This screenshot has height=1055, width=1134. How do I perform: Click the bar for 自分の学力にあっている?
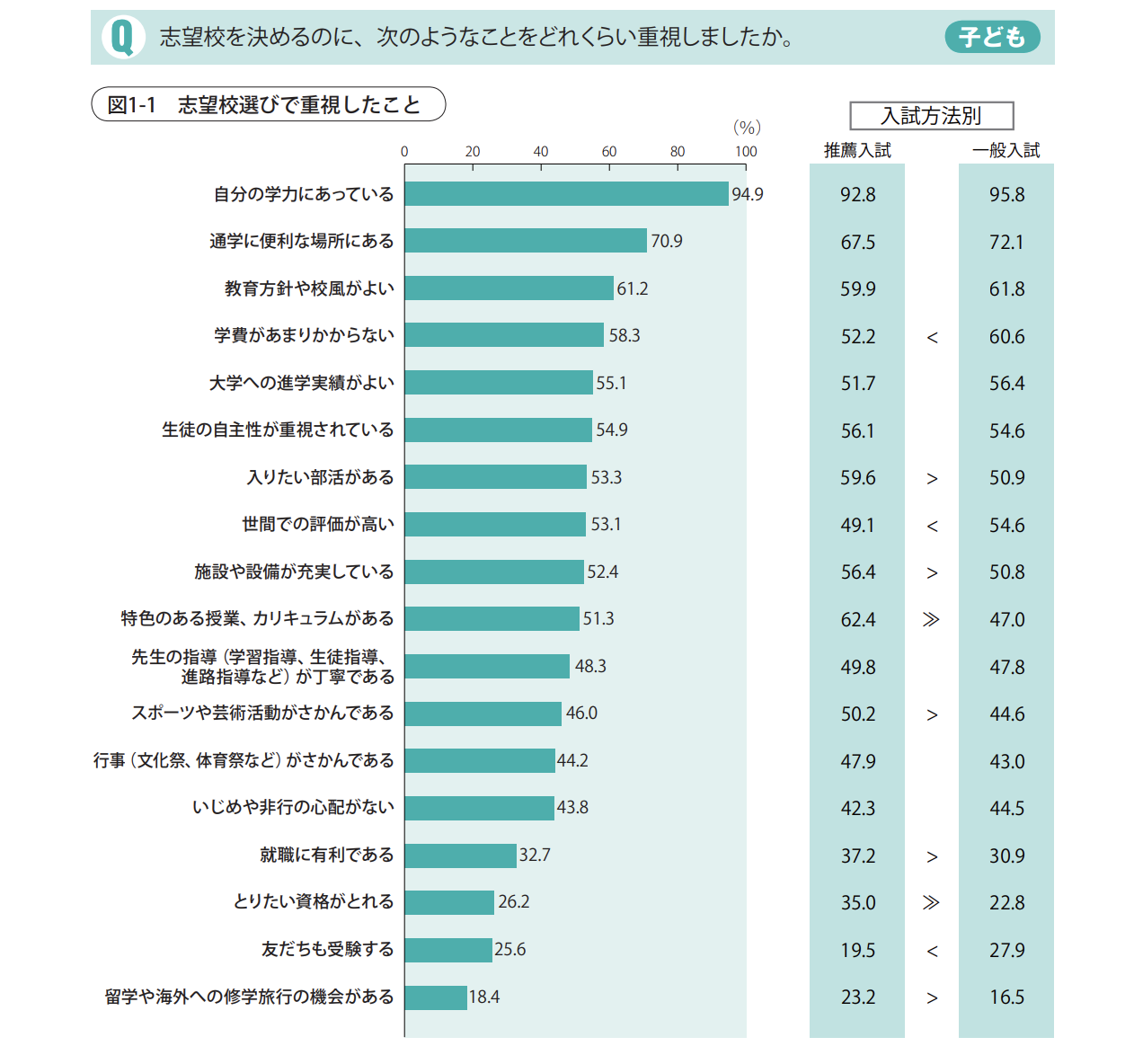coord(566,194)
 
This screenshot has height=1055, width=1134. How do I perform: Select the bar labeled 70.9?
coord(526,241)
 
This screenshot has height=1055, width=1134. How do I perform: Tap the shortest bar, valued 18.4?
coord(436,997)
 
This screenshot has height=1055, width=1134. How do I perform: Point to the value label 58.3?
coord(625,336)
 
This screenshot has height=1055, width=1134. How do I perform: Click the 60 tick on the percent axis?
coord(609,152)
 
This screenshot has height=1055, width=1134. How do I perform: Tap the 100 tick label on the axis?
coord(746,152)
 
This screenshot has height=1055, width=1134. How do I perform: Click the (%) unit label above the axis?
coord(747,128)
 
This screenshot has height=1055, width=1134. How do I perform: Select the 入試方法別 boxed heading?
coord(931,116)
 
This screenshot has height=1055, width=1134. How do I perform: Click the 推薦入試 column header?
coord(857,151)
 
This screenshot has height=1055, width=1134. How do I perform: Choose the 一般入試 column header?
coord(1006,151)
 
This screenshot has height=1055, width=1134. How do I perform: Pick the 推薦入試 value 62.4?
coord(857,620)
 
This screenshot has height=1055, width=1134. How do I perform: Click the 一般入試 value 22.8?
coord(1006,903)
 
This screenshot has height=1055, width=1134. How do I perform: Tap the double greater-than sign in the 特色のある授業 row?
coord(931,619)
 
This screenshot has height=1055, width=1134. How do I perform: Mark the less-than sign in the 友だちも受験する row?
coord(932,951)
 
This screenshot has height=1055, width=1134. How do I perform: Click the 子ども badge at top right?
coord(992,37)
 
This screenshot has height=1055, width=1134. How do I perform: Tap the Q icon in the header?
coord(123,38)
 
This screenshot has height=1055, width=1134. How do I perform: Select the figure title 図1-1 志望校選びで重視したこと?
coord(268,104)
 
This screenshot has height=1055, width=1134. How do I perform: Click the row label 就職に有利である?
coord(327,855)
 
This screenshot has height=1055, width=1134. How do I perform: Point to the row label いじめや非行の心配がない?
coord(293,807)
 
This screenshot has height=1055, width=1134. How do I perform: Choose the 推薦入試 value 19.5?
coord(857,951)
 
